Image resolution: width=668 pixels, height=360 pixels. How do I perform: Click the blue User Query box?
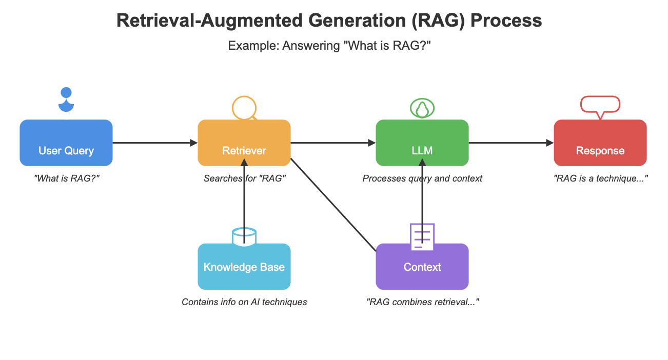(x=66, y=143)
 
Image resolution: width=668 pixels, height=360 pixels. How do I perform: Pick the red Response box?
(x=600, y=143)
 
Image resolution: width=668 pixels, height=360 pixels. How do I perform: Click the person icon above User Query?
(x=66, y=101)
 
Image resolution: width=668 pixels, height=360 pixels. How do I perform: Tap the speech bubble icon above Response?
(x=600, y=106)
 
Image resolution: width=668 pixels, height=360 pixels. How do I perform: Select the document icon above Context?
(x=422, y=236)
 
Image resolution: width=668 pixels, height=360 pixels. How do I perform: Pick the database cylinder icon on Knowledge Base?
(x=244, y=236)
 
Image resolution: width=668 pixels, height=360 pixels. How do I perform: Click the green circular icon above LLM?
(x=422, y=108)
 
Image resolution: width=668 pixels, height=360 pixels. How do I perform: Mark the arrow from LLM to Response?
(x=511, y=143)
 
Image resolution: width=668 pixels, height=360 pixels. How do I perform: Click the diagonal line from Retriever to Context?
(x=333, y=205)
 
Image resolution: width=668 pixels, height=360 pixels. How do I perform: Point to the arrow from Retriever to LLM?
(x=333, y=143)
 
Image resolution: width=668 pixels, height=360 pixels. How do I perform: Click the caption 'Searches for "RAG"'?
(x=244, y=178)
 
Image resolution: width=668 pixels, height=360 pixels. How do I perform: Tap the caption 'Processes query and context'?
(x=422, y=178)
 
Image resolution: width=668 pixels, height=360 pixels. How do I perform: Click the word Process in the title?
(x=505, y=21)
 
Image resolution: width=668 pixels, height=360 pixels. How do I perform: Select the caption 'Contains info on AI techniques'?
(x=244, y=302)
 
